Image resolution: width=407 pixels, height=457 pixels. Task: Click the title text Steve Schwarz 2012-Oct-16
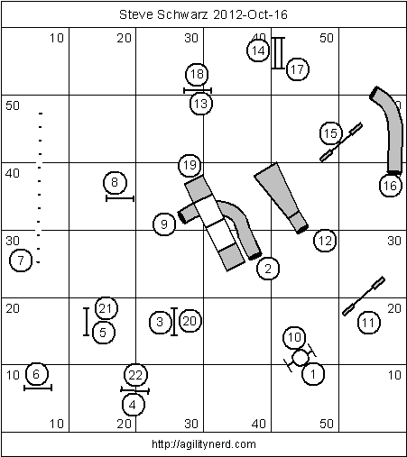pyautogui.click(x=203, y=14)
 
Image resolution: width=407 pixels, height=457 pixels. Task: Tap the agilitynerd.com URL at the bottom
pyautogui.click(x=204, y=444)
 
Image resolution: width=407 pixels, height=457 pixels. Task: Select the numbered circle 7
pyautogui.click(x=21, y=260)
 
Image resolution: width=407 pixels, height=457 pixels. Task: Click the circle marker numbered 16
pyautogui.click(x=390, y=186)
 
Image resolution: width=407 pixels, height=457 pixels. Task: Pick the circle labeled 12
pyautogui.click(x=325, y=241)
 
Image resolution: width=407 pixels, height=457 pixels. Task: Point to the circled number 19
pyautogui.click(x=190, y=165)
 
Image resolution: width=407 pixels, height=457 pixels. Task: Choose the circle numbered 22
pyautogui.click(x=135, y=375)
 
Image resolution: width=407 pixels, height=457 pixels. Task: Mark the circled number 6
pyautogui.click(x=36, y=374)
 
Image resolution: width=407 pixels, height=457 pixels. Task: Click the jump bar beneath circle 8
pyautogui.click(x=120, y=198)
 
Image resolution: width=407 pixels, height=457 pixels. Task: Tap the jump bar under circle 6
pyautogui.click(x=38, y=388)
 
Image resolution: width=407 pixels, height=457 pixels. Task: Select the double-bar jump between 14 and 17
pyautogui.click(x=278, y=53)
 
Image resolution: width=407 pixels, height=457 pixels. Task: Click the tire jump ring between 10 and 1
pyautogui.click(x=301, y=358)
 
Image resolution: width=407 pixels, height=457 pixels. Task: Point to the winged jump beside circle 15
pyautogui.click(x=341, y=142)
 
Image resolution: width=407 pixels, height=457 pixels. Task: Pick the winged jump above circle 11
pyautogui.click(x=364, y=296)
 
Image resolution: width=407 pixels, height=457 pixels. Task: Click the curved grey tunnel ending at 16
pyautogui.click(x=390, y=130)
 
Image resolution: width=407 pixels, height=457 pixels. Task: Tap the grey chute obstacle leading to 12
pyautogui.click(x=282, y=197)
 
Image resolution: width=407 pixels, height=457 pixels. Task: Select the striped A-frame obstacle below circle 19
pyautogui.click(x=215, y=223)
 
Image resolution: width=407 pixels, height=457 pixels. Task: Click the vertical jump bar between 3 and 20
pyautogui.click(x=174, y=322)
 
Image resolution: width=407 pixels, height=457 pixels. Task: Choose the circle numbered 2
pyautogui.click(x=268, y=269)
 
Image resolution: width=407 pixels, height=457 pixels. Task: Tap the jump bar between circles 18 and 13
pyautogui.click(x=198, y=90)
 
